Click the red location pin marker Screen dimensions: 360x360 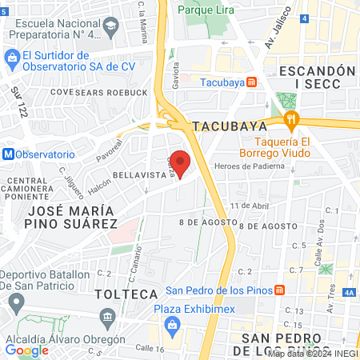(x=181, y=162)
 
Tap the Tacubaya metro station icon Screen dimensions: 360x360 (x=251, y=82)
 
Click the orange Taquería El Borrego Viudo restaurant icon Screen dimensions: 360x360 (x=292, y=121)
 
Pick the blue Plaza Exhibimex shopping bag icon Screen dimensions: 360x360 (x=171, y=325)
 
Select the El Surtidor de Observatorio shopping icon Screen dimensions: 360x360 (x=12, y=57)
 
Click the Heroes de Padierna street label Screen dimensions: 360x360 (x=249, y=166)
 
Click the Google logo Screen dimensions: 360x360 (x=26, y=350)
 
